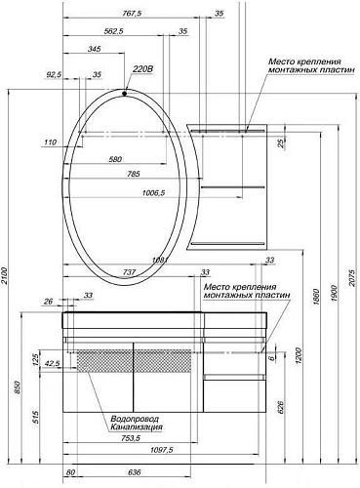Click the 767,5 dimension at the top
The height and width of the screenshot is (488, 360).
(120, 14)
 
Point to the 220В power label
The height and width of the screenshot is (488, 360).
(142, 69)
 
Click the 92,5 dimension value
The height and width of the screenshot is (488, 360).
(53, 74)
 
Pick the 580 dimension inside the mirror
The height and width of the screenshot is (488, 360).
(115, 159)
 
